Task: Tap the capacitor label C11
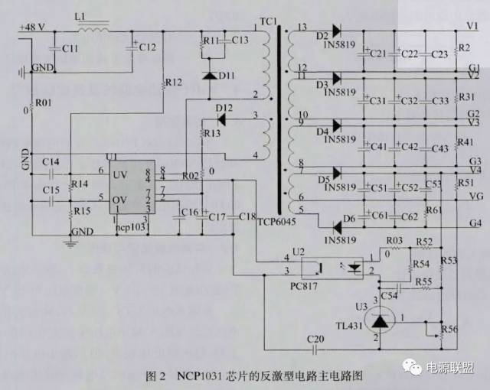[x=70, y=48]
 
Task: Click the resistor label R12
[x=174, y=82]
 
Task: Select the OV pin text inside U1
[x=120, y=200]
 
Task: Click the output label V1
[x=472, y=24]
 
